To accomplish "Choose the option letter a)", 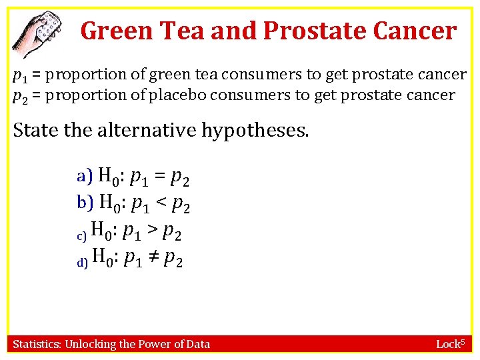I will click(x=85, y=177).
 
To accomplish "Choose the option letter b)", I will click(x=85, y=202).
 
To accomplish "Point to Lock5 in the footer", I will click(x=453, y=344).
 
